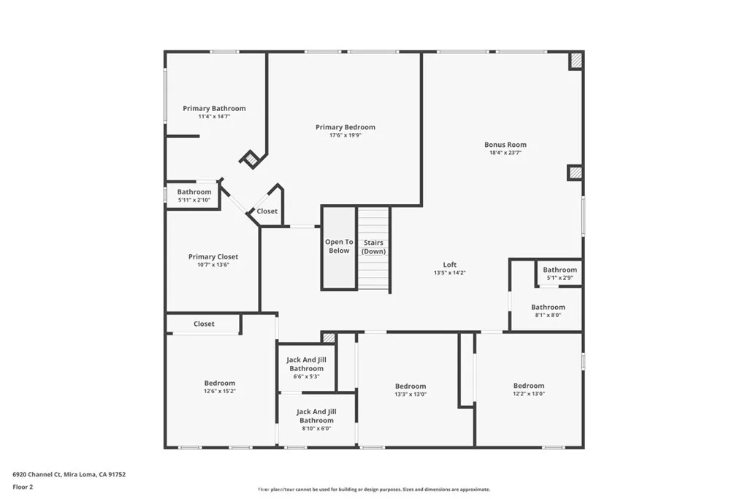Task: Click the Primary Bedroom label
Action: click(346, 127)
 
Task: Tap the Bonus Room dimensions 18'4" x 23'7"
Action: click(505, 153)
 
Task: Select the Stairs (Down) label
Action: click(374, 247)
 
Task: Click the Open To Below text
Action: click(339, 246)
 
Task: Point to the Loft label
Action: click(450, 264)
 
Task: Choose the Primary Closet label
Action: click(213, 256)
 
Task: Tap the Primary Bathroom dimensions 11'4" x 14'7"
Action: click(214, 117)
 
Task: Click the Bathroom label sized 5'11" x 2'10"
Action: click(194, 192)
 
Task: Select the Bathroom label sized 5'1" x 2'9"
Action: click(560, 270)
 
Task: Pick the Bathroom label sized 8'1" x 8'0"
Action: click(548, 307)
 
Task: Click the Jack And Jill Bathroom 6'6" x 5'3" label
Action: click(306, 365)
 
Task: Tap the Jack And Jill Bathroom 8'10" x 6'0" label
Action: click(316, 416)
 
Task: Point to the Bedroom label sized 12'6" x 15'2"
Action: click(220, 383)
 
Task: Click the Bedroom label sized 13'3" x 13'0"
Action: click(411, 386)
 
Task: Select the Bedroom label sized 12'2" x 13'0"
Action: click(529, 386)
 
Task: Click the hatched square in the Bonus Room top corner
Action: click(576, 61)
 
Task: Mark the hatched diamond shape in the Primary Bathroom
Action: click(251, 159)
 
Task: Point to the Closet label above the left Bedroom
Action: click(205, 324)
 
